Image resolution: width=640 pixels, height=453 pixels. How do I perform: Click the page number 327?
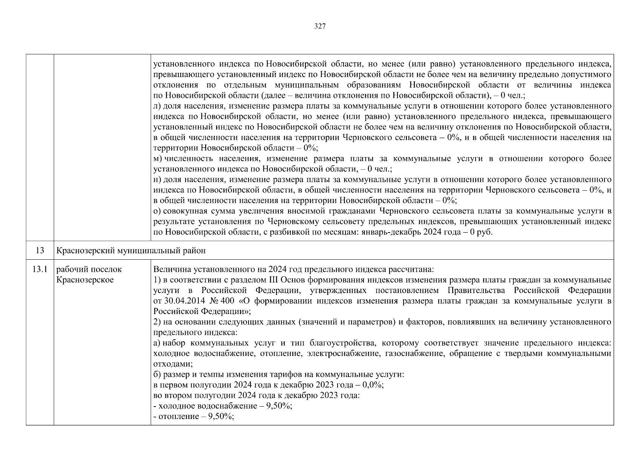tap(320, 26)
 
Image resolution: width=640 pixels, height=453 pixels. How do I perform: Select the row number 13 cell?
tap(40, 251)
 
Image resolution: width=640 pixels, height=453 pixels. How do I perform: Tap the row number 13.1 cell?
tap(40, 270)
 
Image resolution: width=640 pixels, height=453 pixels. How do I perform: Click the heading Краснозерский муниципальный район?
tap(131, 251)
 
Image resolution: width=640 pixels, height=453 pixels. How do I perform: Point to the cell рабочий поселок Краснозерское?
tap(89, 275)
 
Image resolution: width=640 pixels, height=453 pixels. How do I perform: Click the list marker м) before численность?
tap(158, 159)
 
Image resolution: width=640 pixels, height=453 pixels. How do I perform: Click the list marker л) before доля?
tap(158, 106)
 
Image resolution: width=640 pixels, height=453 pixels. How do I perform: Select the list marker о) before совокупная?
tap(158, 211)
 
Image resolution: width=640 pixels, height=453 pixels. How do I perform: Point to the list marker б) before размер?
tap(157, 374)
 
